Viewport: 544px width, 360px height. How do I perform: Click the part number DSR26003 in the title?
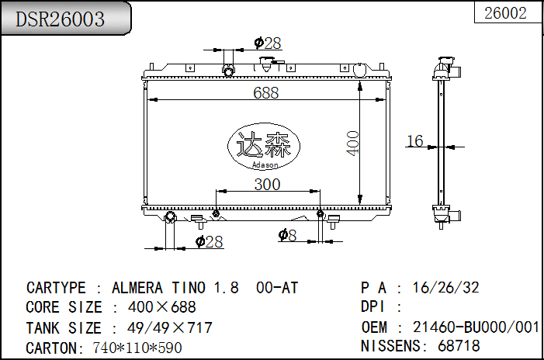click(x=61, y=19)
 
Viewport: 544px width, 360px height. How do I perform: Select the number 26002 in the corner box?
click(x=505, y=13)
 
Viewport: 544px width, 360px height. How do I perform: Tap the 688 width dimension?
click(x=265, y=92)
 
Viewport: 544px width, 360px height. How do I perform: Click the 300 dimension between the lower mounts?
click(x=267, y=184)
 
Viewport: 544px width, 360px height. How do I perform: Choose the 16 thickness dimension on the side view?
click(x=415, y=140)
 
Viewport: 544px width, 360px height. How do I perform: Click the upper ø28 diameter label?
click(x=268, y=43)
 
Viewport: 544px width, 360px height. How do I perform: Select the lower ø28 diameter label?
click(x=210, y=242)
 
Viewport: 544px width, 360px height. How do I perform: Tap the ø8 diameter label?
click(x=287, y=234)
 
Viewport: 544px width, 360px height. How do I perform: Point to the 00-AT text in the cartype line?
click(x=277, y=288)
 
